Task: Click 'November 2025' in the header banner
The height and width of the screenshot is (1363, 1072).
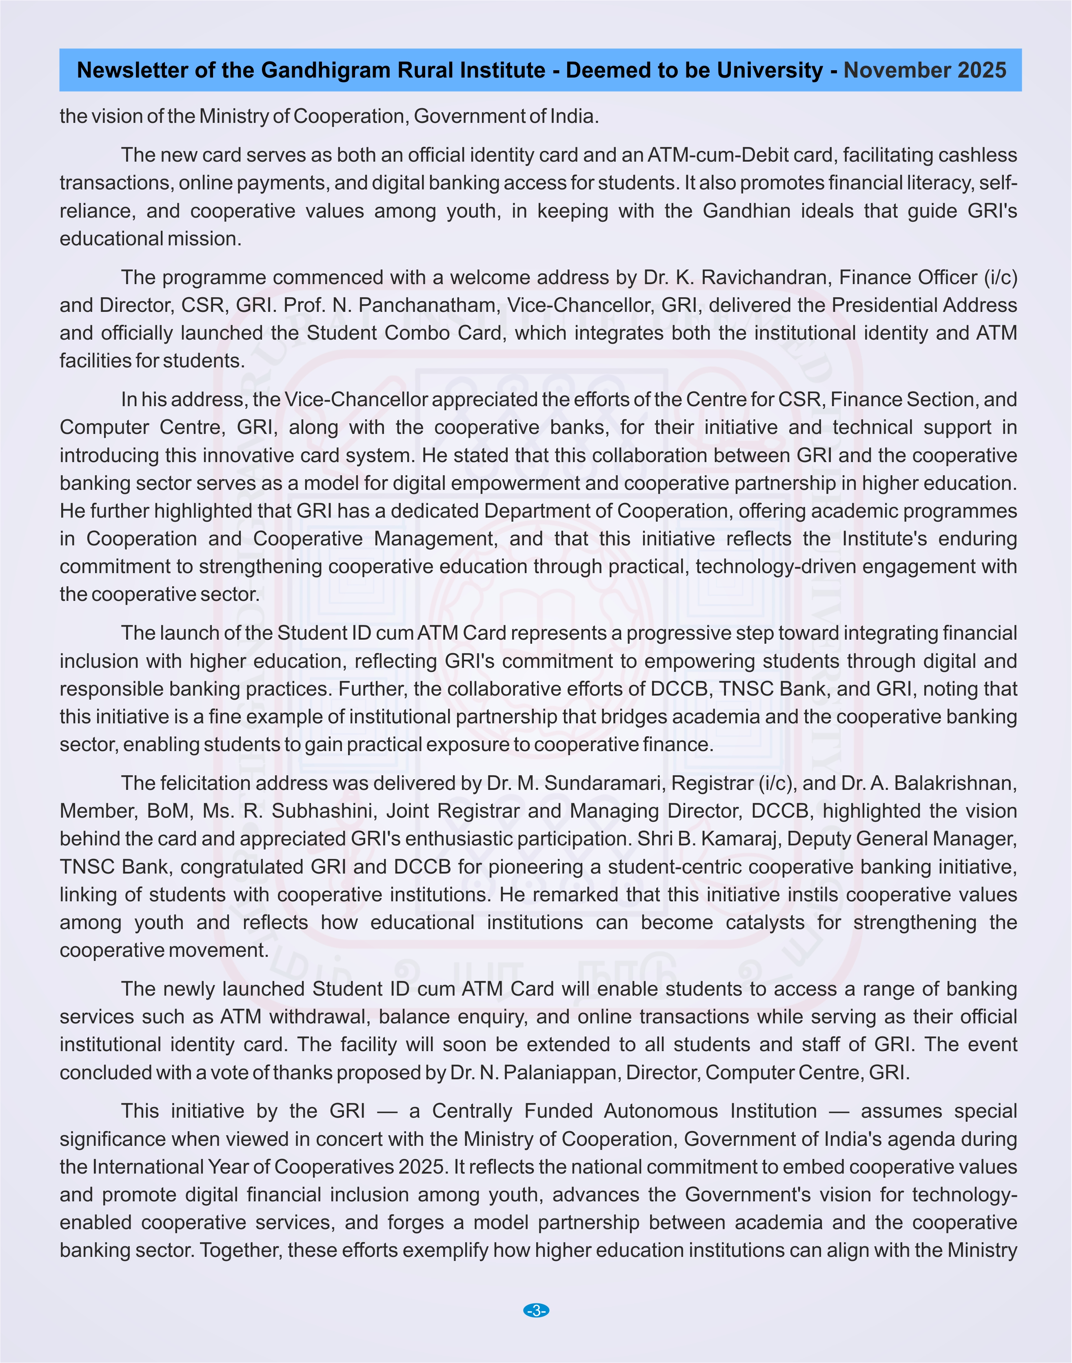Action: pyautogui.click(x=925, y=70)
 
